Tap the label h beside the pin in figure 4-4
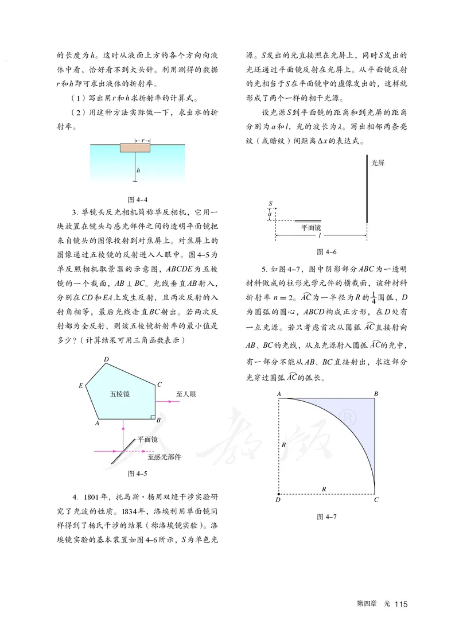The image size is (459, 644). coord(139,171)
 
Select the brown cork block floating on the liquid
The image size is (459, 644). coord(135,148)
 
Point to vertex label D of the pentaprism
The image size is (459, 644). coord(106,360)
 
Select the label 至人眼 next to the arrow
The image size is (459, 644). coord(187,394)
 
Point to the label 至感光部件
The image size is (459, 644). coord(165,457)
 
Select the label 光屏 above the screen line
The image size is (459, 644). coord(378,163)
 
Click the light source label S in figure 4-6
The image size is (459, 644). coord(270,203)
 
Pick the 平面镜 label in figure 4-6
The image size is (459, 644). coord(312,227)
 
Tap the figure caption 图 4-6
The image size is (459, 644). coord(326,251)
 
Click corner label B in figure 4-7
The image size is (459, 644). coord(376,394)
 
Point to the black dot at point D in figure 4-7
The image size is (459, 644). coord(279,493)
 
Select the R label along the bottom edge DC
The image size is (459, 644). coord(325,488)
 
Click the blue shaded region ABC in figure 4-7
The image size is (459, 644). coord(359,419)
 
